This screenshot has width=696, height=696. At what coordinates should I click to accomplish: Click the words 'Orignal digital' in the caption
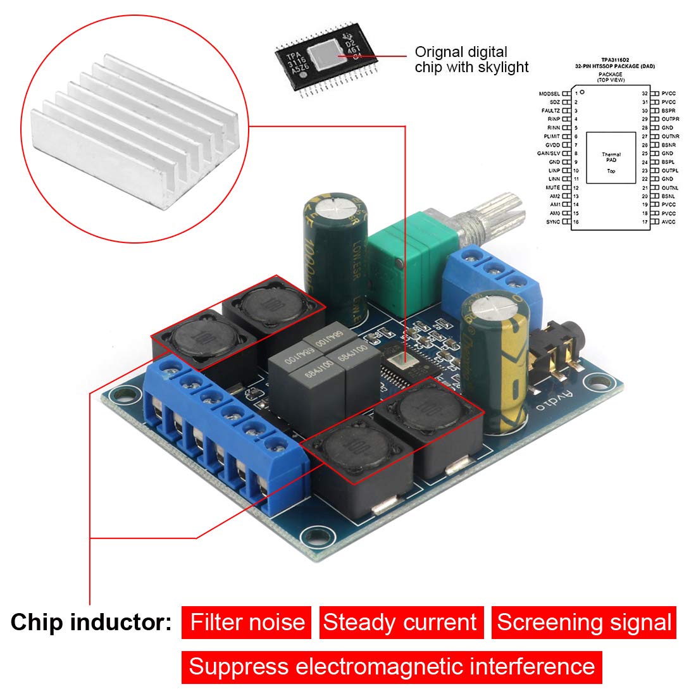pos(461,52)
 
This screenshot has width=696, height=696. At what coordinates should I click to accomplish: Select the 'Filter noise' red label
pos(247,622)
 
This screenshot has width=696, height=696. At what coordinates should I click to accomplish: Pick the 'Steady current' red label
pos(401,622)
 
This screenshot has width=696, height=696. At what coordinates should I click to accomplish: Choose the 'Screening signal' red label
pos(584,622)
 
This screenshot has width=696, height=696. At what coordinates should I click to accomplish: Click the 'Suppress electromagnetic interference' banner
pos(392,666)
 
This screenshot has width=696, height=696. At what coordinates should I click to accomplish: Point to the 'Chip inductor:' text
pos(91,622)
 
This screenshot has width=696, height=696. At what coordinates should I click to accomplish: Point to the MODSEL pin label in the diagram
pos(549,94)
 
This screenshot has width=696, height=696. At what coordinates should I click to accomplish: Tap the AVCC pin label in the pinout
pos(668,222)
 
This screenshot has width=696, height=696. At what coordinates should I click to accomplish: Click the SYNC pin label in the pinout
pos(553,222)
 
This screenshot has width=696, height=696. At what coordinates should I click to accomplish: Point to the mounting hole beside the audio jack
pos(596,382)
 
